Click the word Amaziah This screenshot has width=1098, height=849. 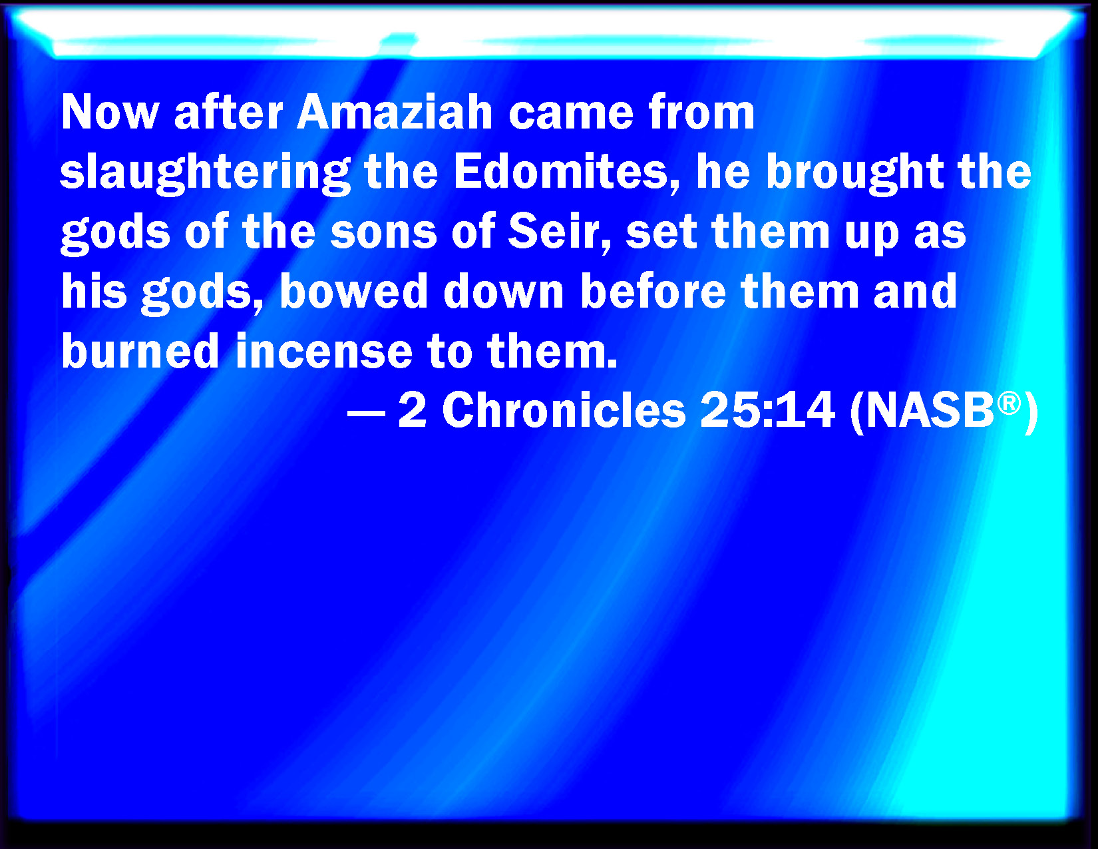click(394, 113)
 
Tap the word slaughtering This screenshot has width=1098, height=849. click(205, 173)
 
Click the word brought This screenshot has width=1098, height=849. click(854, 173)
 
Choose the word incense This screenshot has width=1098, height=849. click(324, 351)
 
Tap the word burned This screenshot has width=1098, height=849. click(140, 351)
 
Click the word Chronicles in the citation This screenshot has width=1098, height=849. click(564, 410)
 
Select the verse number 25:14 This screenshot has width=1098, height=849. click(767, 410)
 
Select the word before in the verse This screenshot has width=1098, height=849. click(653, 291)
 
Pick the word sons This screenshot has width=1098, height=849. click(383, 233)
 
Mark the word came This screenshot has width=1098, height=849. click(570, 115)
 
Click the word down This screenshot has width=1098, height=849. click(504, 291)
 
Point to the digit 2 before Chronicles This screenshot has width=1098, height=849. click(413, 410)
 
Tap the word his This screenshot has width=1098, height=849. click(94, 291)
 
